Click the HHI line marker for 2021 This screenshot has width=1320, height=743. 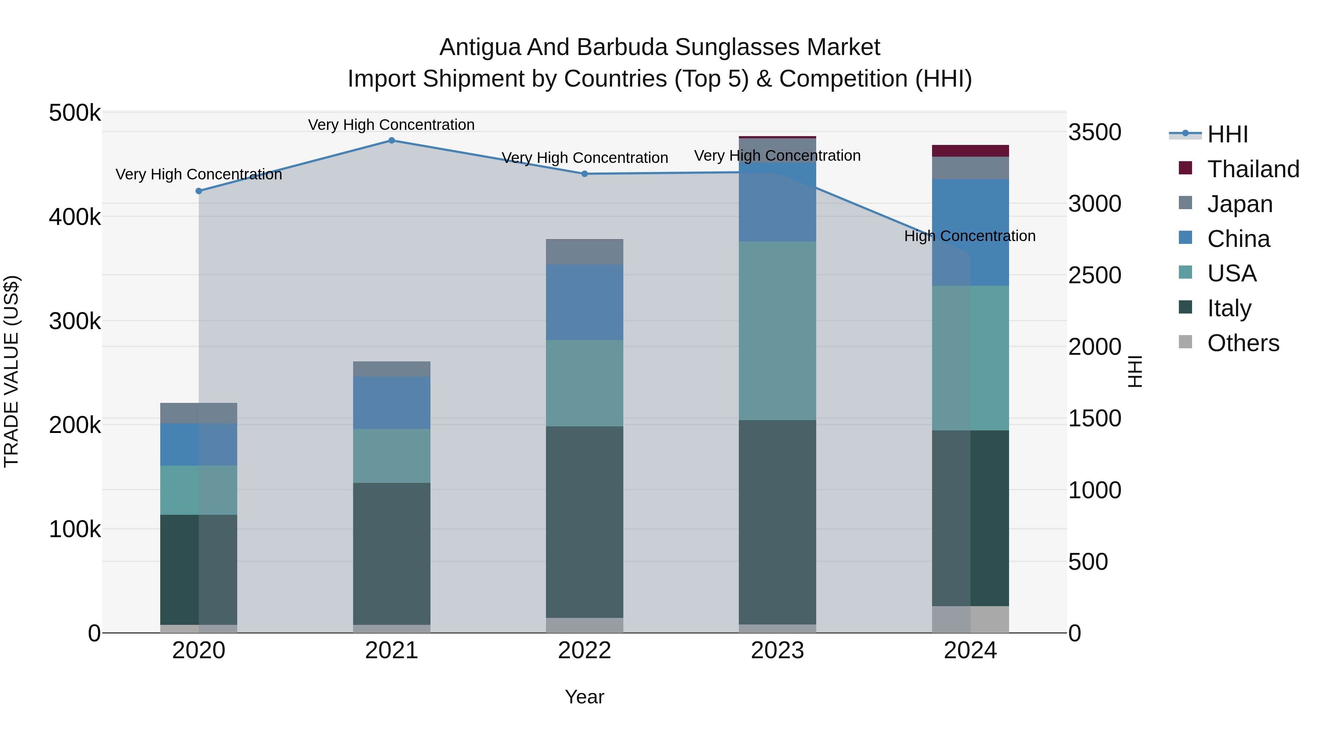pos(392,141)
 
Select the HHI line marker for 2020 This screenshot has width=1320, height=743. pos(199,191)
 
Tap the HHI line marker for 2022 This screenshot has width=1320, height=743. pos(585,174)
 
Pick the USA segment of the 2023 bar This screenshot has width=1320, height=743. pos(777,331)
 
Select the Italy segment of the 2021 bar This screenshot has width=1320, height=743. pos(392,554)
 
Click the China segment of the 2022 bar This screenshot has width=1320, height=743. pos(585,303)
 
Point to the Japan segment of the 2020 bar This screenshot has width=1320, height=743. pos(199,413)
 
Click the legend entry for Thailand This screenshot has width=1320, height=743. pos(1253,169)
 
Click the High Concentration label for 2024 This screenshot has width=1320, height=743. pos(969,236)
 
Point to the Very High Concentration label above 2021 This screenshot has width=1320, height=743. pos(392,125)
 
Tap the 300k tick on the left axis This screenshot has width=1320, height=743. pos(75,321)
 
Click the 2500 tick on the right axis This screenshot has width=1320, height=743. pos(1094,275)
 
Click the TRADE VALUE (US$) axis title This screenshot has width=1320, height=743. pos(12,371)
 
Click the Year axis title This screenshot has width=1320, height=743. pos(584,698)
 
